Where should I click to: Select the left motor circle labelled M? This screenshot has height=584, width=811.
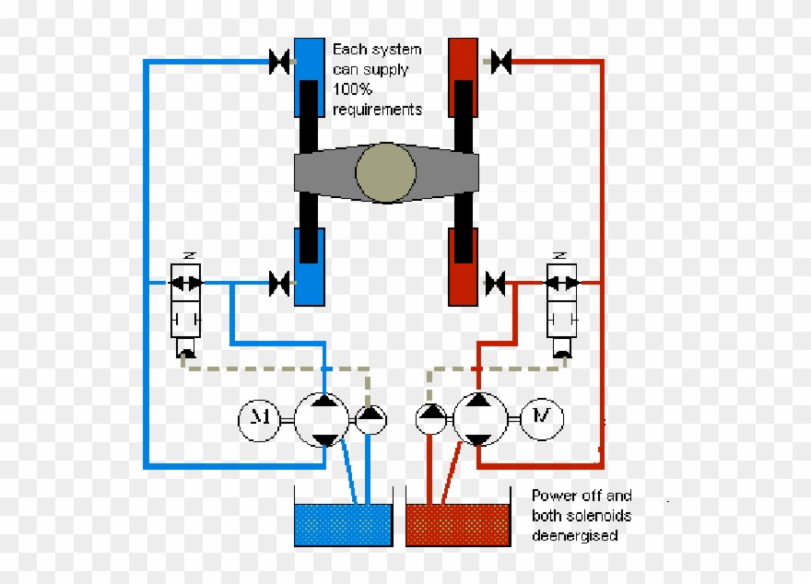(260, 420)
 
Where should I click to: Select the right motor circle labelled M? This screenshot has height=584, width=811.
(544, 419)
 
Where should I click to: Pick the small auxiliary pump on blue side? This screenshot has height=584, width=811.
(370, 419)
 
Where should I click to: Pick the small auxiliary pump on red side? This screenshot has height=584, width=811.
(430, 419)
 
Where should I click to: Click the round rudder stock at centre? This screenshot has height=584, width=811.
(385, 172)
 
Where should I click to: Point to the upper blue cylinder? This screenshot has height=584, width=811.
(309, 77)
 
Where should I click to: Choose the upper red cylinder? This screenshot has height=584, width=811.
(463, 77)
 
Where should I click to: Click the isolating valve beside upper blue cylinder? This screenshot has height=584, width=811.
(279, 63)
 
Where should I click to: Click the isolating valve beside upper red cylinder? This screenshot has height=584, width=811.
(501, 63)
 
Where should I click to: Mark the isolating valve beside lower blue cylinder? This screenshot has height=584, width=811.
(279, 283)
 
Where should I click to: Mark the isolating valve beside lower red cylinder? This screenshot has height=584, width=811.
(496, 283)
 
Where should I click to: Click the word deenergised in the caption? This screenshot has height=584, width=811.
(575, 535)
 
